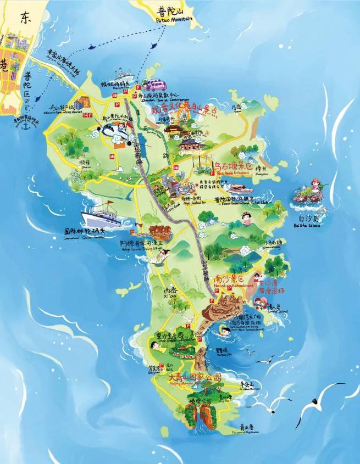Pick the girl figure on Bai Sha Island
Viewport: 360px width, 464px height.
coord(315,185)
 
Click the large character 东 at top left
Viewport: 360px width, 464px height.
coord(27,18)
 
